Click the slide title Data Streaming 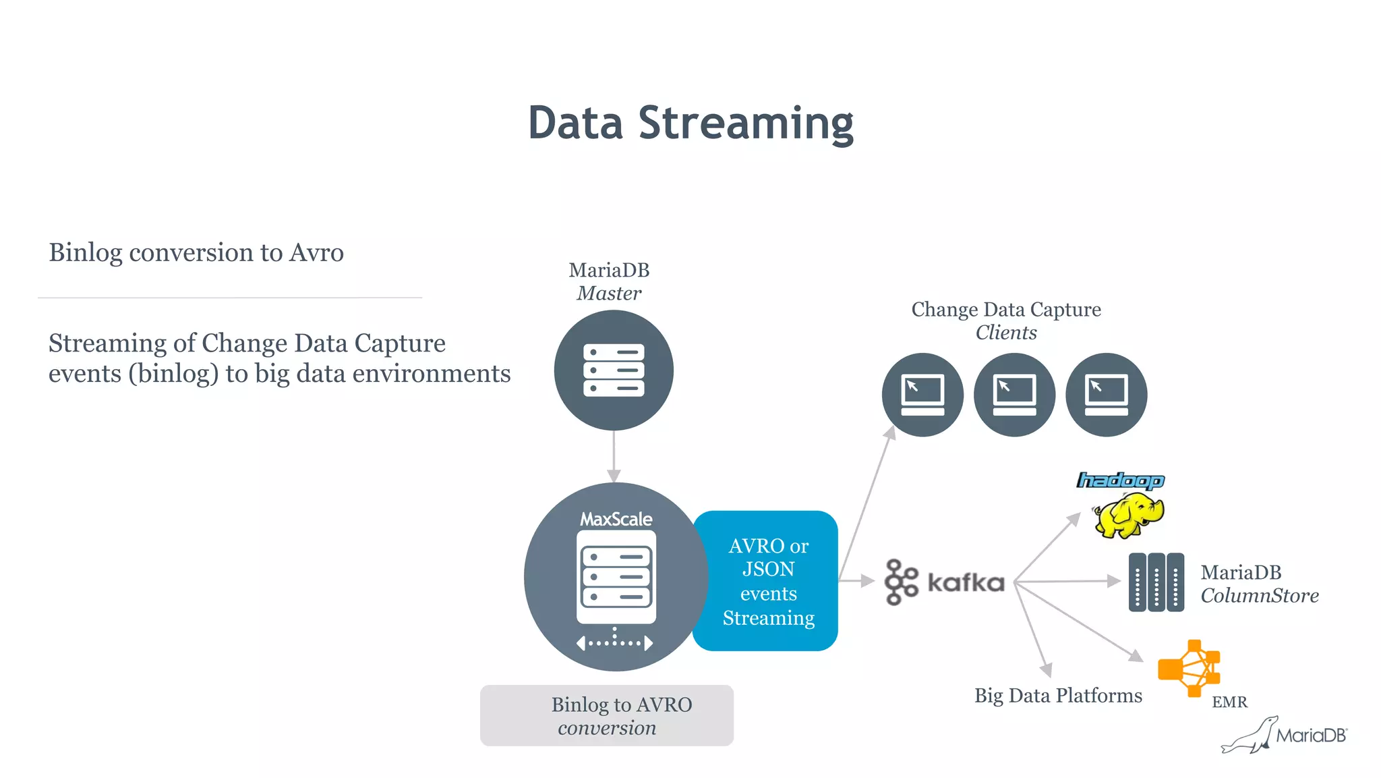[x=690, y=123]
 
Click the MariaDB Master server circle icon [x=614, y=370]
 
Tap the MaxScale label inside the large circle [x=616, y=519]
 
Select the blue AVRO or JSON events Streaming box [x=767, y=581]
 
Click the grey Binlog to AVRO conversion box [x=607, y=715]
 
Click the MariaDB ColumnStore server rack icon [x=1156, y=582]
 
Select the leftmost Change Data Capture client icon [x=922, y=395]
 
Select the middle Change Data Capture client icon [x=1014, y=395]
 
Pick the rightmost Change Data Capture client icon [x=1106, y=395]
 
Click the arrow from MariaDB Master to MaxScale [x=614, y=456]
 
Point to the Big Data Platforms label [x=1058, y=695]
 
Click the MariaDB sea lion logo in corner [x=1284, y=735]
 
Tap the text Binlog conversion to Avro [x=196, y=252]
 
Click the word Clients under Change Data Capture [x=1006, y=333]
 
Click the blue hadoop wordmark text [x=1121, y=480]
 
